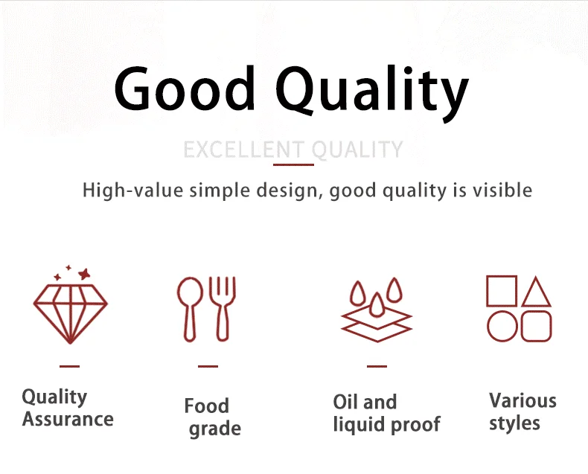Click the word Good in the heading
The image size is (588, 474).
[185, 88]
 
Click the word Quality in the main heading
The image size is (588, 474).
[372, 93]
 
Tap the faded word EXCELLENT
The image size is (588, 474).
[243, 150]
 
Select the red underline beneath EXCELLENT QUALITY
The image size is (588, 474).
[293, 164]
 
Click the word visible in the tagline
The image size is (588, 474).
[502, 190]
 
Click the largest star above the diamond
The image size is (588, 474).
[84, 274]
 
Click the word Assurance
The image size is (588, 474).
[68, 419]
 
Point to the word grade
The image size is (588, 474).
[215, 429]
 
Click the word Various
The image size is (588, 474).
[523, 400]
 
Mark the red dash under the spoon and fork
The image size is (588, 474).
[208, 366]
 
